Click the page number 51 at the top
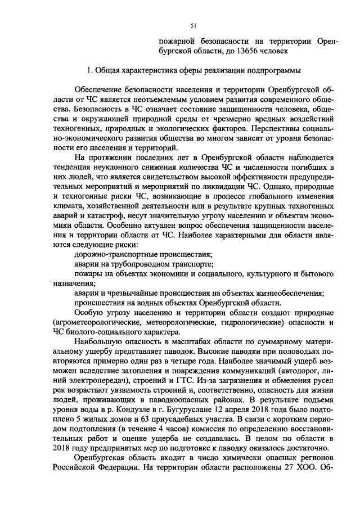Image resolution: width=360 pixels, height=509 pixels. click(x=193, y=25)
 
